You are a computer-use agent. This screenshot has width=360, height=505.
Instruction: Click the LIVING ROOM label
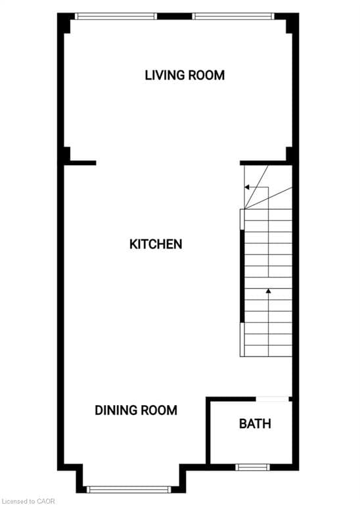point(185,75)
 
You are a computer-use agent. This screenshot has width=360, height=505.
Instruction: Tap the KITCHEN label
point(156,244)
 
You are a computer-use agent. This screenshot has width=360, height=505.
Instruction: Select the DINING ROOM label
point(136,410)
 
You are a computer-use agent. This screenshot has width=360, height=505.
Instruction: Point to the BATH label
point(255,423)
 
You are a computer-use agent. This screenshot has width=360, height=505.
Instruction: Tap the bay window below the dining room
point(130,489)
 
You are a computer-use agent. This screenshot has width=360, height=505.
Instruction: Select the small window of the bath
point(253,467)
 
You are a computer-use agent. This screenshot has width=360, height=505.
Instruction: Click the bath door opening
point(273,398)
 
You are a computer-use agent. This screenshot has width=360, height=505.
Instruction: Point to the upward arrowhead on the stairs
point(268,290)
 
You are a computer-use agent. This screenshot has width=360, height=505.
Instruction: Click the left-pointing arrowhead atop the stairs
point(247,187)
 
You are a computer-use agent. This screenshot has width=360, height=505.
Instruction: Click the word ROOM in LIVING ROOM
point(206,75)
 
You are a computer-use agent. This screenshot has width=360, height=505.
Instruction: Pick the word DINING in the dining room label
point(116,410)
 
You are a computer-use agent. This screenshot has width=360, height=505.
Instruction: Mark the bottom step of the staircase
point(268,350)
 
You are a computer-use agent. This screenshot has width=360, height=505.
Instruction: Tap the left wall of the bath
point(208,431)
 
